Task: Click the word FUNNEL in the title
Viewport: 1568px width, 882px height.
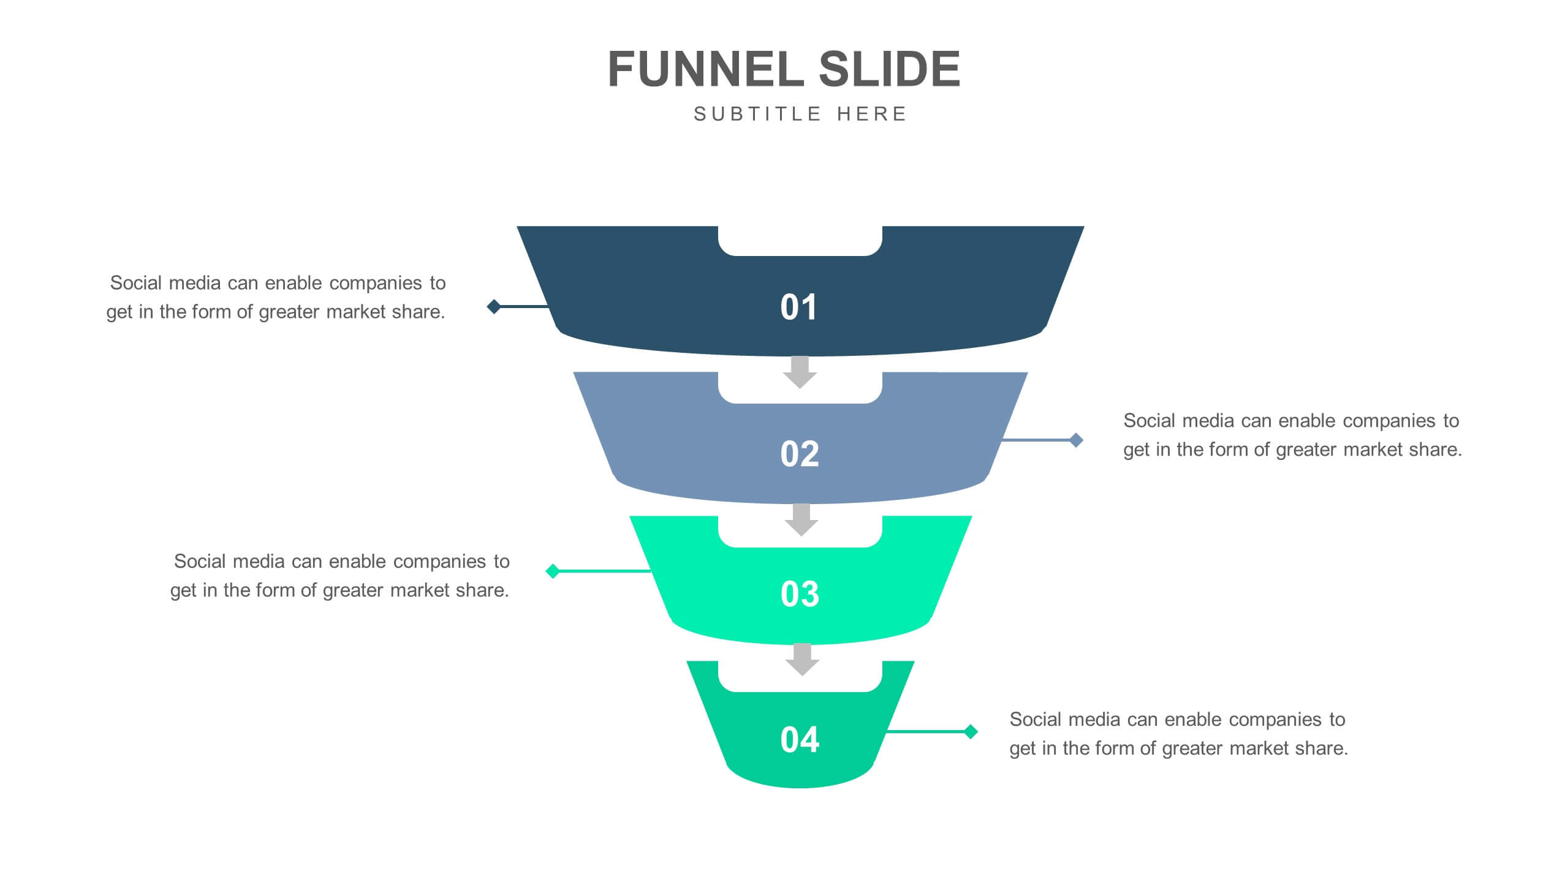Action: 706,69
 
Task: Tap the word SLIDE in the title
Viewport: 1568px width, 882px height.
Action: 889,69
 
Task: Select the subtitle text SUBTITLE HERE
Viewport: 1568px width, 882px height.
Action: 800,115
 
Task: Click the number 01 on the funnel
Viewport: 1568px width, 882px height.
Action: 798,307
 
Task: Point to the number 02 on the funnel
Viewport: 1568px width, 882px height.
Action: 800,454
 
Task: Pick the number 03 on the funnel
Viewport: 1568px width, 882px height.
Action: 800,594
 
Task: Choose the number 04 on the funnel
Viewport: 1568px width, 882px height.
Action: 800,739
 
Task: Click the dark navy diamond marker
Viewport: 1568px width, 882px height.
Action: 494,306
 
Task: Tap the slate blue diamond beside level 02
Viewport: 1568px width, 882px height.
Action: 1076,440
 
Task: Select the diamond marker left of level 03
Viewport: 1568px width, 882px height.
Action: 553,571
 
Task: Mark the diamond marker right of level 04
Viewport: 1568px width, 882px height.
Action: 971,731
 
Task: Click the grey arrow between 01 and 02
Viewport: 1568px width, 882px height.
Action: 800,372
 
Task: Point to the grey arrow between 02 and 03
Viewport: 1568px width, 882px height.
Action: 801,519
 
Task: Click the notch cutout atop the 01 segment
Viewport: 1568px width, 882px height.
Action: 800,240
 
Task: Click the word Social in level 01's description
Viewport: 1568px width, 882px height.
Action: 135,283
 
